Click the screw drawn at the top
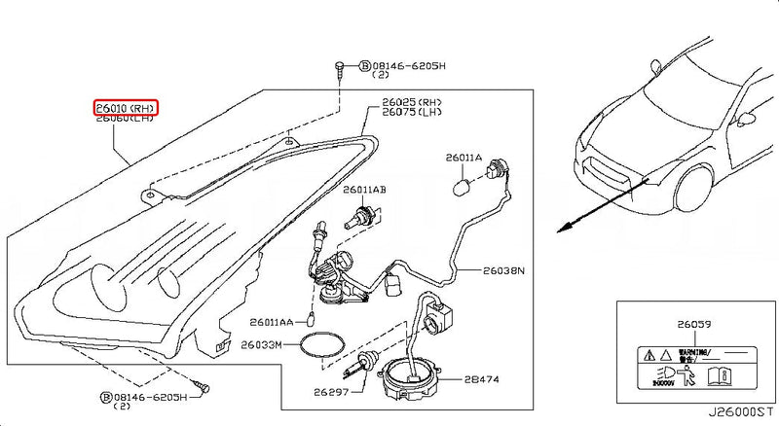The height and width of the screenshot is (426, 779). [x=338, y=68]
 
